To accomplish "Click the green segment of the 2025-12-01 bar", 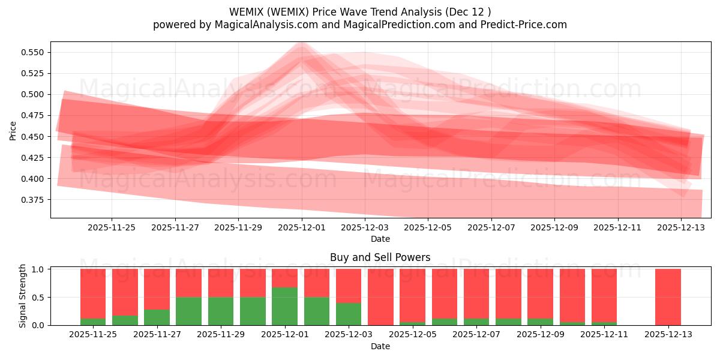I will click(x=284, y=306).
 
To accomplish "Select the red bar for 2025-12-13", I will click(x=668, y=296).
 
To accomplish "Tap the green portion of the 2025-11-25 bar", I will click(x=93, y=321).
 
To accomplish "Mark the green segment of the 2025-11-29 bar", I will click(x=221, y=311).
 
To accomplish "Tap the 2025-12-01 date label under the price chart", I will click(x=301, y=228).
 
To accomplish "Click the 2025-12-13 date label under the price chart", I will click(x=680, y=228).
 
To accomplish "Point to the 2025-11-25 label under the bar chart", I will click(x=93, y=335).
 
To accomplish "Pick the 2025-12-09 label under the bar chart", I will click(x=540, y=335).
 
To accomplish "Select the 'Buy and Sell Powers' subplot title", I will click(x=380, y=257).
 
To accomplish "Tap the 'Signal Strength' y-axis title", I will click(x=23, y=296).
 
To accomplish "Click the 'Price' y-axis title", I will click(x=13, y=130).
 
